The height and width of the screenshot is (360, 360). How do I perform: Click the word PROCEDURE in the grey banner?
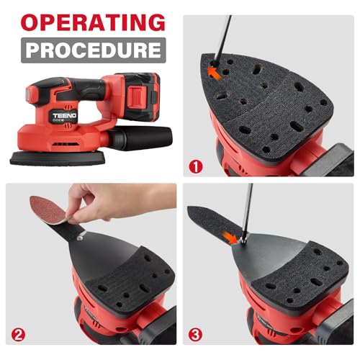click(93, 50)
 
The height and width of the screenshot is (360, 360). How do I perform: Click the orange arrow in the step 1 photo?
click(214, 71)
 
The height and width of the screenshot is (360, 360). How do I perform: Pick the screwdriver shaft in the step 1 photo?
click(225, 36)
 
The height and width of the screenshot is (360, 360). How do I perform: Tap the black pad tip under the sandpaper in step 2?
click(66, 231)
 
